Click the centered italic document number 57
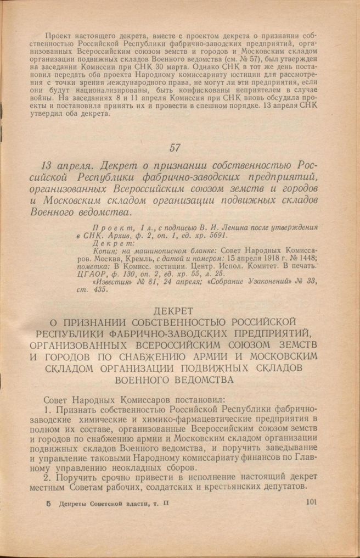175,147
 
